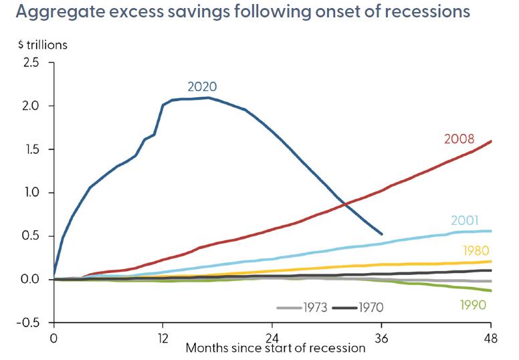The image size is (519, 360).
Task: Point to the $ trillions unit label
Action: (x=43, y=46)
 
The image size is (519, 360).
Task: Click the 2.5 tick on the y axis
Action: (x=31, y=63)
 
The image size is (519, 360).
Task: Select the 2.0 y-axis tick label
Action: (x=31, y=106)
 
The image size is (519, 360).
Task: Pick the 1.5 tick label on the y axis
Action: (x=31, y=149)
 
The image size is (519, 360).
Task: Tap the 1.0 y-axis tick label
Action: (x=31, y=193)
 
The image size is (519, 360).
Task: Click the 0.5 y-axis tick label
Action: (x=31, y=236)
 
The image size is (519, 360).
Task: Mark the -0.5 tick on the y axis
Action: (x=28, y=323)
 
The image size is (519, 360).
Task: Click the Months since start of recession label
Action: (x=276, y=348)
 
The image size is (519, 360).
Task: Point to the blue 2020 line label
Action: (x=202, y=86)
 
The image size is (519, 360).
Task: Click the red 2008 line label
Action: (x=459, y=140)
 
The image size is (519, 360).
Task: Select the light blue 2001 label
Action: (x=464, y=221)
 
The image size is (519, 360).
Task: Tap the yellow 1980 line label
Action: (x=476, y=251)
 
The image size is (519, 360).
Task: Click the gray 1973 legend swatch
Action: (x=286, y=308)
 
